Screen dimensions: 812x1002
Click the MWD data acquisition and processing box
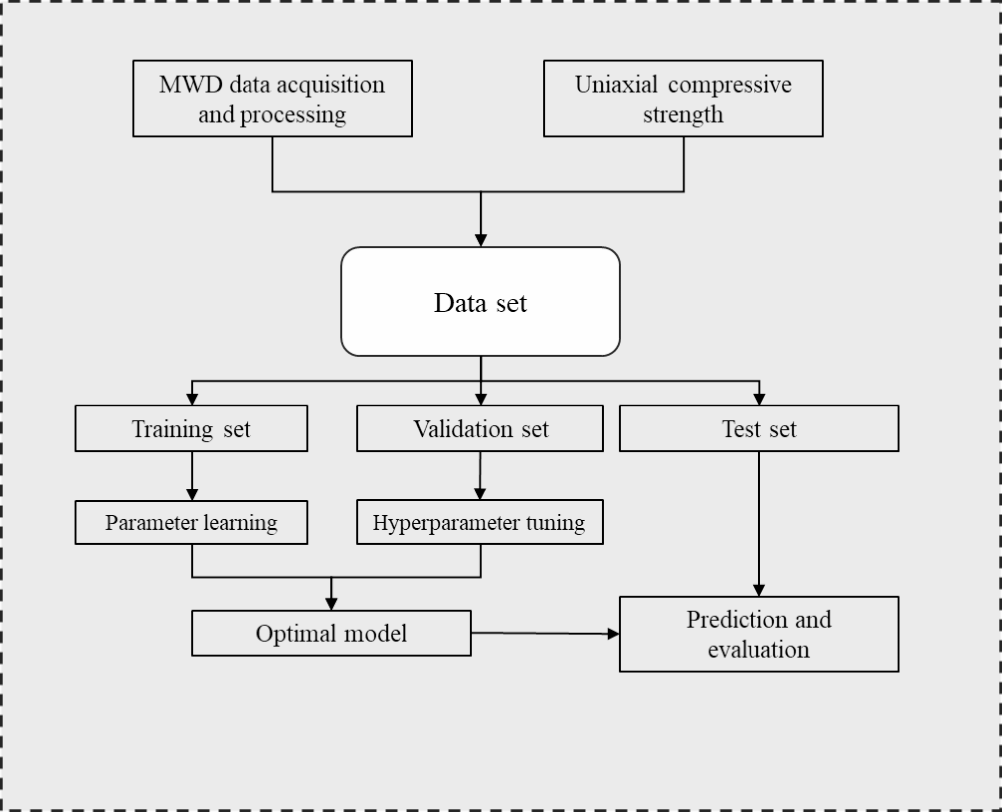pyautogui.click(x=272, y=99)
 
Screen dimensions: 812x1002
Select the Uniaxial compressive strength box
pyautogui.click(x=683, y=99)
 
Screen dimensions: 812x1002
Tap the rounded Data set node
pyautogui.click(x=480, y=302)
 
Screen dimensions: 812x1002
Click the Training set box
pyautogui.click(x=191, y=428)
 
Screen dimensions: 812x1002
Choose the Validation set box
pyautogui.click(x=480, y=428)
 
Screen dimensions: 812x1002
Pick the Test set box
pyautogui.click(x=758, y=428)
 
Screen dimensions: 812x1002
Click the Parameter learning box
pyautogui.click(x=191, y=522)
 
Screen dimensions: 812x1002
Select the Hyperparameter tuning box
pyautogui.click(x=480, y=522)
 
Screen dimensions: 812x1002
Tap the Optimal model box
pyautogui.click(x=331, y=633)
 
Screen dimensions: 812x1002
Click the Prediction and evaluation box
pyautogui.click(x=758, y=634)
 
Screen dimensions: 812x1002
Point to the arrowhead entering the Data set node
pyautogui.click(x=480, y=240)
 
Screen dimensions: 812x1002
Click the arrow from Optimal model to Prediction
pyautogui.click(x=544, y=633)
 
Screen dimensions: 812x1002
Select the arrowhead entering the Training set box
pyautogui.click(x=192, y=399)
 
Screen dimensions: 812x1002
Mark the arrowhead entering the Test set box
pyautogui.click(x=759, y=399)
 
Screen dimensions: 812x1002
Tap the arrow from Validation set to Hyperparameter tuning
pyautogui.click(x=480, y=475)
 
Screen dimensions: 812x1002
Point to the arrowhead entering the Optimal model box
pyautogui.click(x=331, y=604)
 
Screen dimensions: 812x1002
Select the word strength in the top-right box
pyautogui.click(x=683, y=115)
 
